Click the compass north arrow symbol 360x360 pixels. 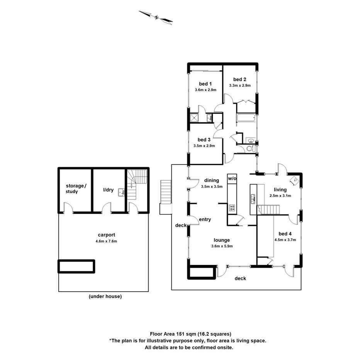tap(156, 17)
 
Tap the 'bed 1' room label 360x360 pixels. tap(205, 84)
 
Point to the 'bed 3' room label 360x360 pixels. tap(204, 139)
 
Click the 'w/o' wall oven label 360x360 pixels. tap(232, 178)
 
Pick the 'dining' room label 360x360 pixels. tap(212, 180)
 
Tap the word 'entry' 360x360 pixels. tap(205, 219)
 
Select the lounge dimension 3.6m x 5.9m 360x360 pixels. tap(222, 246)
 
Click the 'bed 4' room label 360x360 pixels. tap(285, 233)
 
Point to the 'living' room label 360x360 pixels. tap(280, 190)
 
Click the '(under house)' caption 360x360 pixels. tap(105, 296)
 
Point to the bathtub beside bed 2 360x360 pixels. tap(245, 119)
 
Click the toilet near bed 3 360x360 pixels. tap(250, 149)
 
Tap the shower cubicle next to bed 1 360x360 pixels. tap(194, 118)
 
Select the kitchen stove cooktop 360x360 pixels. tap(233, 207)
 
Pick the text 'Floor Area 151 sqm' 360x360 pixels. tap(173, 334)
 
